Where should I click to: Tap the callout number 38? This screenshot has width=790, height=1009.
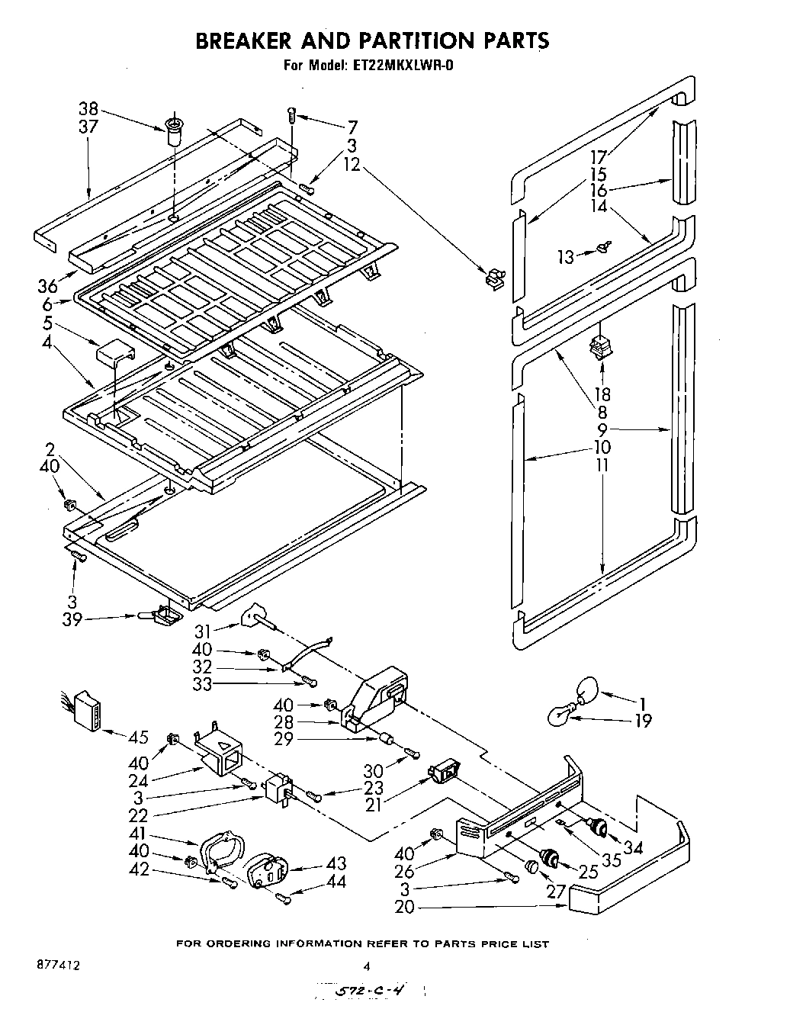coord(89,108)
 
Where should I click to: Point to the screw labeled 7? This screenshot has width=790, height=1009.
coord(291,114)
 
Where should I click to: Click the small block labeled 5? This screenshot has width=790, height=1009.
coord(114,353)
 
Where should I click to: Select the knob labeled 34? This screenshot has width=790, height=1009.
coord(598,827)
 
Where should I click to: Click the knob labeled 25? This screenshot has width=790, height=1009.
coord(548,858)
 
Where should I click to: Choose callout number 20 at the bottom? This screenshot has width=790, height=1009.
coord(406,908)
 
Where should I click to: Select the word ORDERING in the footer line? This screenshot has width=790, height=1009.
coord(241,943)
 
